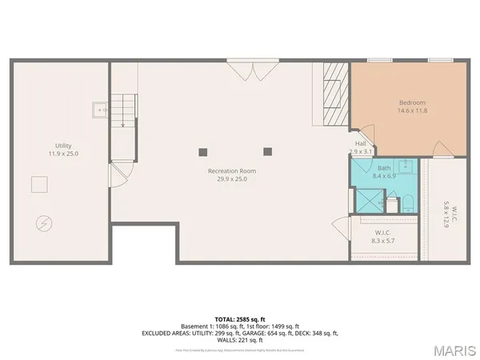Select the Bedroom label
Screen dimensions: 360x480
click(x=411, y=103)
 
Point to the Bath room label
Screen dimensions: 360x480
click(x=385, y=167)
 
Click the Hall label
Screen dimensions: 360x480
click(x=361, y=144)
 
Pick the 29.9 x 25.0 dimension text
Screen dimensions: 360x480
click(x=232, y=179)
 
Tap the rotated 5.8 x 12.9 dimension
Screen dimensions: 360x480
click(x=446, y=214)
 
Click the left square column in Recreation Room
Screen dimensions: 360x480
click(x=203, y=150)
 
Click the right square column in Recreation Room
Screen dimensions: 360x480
click(x=267, y=150)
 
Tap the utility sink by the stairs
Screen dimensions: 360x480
click(x=99, y=110)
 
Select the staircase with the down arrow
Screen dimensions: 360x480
click(x=123, y=107)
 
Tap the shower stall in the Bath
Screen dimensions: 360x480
click(x=367, y=198)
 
